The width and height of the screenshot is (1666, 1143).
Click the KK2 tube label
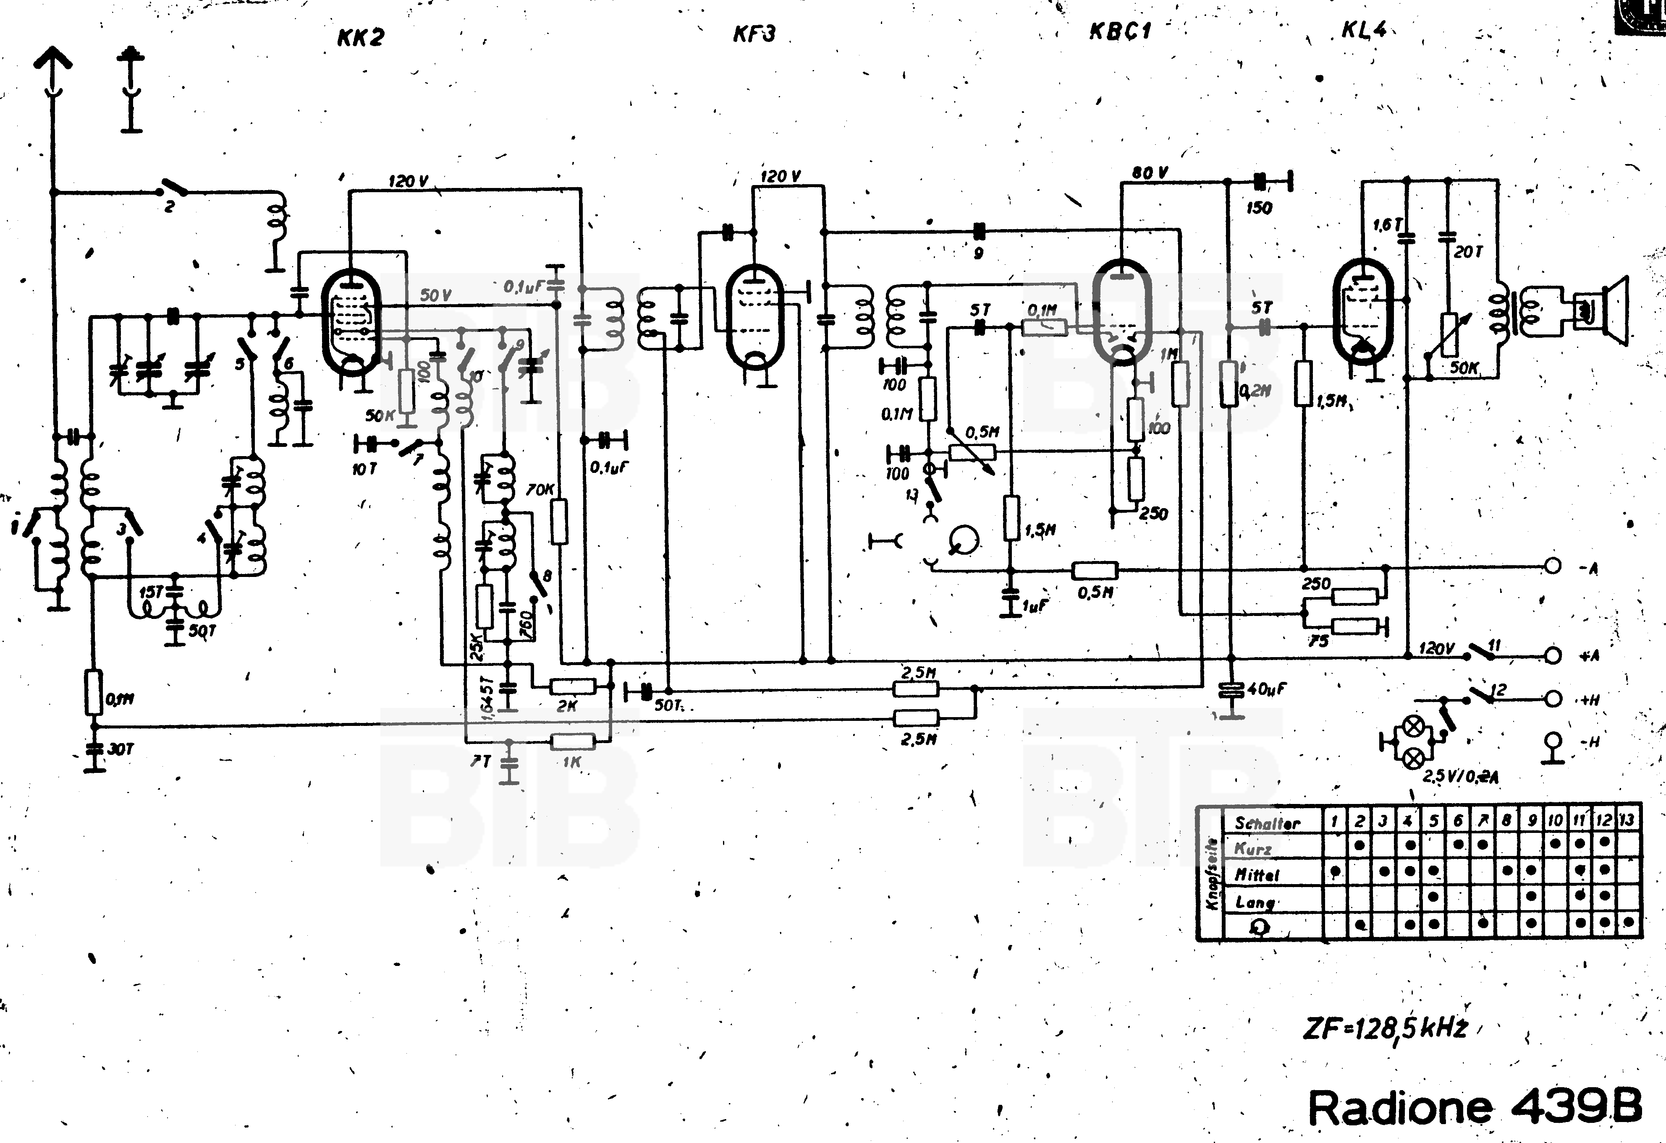tap(361, 37)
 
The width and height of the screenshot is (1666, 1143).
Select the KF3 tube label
tap(754, 34)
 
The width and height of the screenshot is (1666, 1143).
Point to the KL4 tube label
tap(1363, 29)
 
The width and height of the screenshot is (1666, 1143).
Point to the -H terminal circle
tap(1552, 740)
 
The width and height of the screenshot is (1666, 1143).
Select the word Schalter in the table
tap(1267, 823)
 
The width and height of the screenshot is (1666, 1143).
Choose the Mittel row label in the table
tap(1257, 875)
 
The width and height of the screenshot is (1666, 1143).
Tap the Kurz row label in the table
tap(1252, 849)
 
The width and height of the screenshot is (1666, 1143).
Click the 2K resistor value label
tap(566, 706)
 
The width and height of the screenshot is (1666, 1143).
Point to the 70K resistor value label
tap(540, 489)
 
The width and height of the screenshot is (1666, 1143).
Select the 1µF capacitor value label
tap(1035, 606)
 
